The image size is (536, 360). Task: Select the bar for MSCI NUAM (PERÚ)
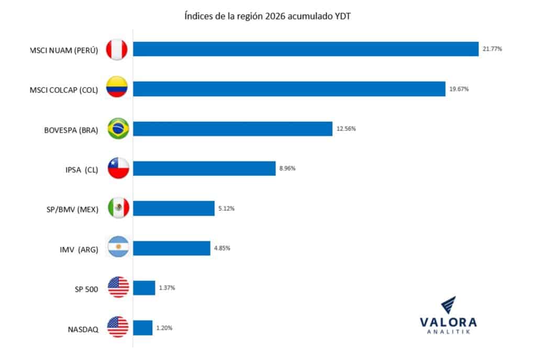tap(306, 49)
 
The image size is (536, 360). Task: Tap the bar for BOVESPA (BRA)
tap(232, 129)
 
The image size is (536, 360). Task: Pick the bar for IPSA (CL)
tap(204, 168)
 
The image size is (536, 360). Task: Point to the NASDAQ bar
tap(143, 328)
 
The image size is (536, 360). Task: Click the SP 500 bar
tap(144, 288)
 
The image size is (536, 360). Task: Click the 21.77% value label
tap(492, 49)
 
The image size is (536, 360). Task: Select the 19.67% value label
tap(459, 89)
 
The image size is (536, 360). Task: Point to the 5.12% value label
tap(226, 208)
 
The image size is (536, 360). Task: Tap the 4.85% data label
tap(222, 248)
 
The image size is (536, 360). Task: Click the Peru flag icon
tap(118, 50)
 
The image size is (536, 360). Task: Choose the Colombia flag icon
tap(118, 89)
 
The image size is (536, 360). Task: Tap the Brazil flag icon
tap(118, 129)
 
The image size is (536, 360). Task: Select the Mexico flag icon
tap(118, 208)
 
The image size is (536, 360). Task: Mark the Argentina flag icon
tap(118, 248)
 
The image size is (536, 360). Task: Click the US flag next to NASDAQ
tap(118, 328)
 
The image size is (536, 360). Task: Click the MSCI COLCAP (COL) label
tap(64, 90)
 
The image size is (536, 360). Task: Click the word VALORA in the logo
tap(448, 323)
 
